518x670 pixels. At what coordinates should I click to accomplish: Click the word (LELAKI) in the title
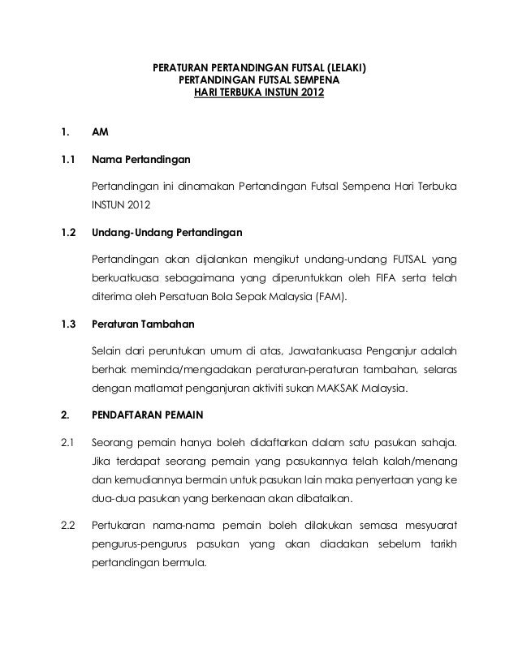[x=345, y=68]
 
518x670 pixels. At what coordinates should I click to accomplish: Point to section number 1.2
[x=68, y=233]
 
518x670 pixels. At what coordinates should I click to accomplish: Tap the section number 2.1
[x=67, y=443]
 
